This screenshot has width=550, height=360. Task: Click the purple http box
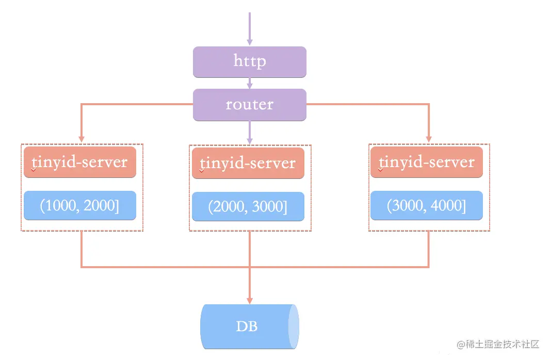point(250,62)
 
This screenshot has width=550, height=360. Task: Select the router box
point(250,105)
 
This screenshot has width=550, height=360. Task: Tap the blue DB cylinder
point(247,326)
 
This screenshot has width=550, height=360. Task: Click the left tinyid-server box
point(80,162)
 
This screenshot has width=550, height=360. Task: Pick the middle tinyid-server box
point(248,163)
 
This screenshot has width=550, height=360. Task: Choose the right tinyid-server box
point(427,162)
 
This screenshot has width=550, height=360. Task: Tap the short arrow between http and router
point(250,83)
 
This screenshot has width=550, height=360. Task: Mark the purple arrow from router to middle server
point(250,132)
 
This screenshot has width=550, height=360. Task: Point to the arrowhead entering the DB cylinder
point(250,300)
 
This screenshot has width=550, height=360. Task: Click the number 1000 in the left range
point(59,206)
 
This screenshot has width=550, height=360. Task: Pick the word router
point(250,105)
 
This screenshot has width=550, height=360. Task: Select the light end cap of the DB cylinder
point(293,326)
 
